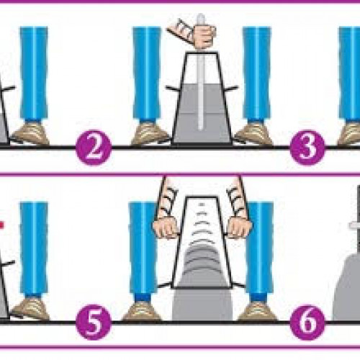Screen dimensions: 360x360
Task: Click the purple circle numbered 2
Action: click(x=94, y=148)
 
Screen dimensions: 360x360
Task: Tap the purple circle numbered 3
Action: click(x=307, y=148)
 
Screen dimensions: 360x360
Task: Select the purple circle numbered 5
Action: click(x=94, y=322)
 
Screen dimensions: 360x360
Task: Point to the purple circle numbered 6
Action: click(x=307, y=322)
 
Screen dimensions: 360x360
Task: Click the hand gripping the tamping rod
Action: click(x=204, y=36)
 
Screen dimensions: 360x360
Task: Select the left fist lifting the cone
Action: click(x=166, y=228)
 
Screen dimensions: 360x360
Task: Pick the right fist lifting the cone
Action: click(x=239, y=228)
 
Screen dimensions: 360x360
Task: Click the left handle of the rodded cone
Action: click(x=173, y=89)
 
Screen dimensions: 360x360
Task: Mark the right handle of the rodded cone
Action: click(x=231, y=89)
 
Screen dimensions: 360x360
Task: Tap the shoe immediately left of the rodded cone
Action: click(x=150, y=135)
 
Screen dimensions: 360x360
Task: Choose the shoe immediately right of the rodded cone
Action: click(x=253, y=135)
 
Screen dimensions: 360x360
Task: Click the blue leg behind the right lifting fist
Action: click(x=261, y=250)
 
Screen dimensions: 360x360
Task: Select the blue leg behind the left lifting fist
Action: click(x=143, y=250)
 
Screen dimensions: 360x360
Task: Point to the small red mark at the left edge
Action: click(x=1, y=225)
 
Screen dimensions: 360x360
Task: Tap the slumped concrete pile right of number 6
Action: click(x=347, y=288)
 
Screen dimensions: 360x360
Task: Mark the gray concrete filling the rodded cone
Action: click(x=202, y=113)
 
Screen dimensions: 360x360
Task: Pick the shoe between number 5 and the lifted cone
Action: click(x=142, y=311)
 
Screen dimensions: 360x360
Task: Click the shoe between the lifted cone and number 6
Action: click(x=257, y=311)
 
